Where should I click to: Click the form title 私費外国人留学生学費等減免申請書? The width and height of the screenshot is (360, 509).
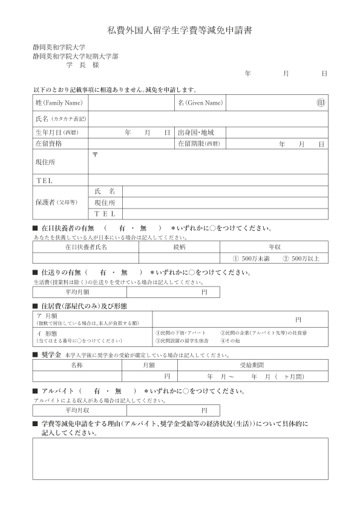[x=180, y=30]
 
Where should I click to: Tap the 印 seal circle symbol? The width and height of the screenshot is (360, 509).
[x=321, y=103]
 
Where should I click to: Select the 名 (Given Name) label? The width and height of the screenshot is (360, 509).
[x=200, y=103]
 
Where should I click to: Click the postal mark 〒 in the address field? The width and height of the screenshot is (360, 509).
[x=95, y=155]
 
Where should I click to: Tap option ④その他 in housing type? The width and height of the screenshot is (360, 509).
[x=231, y=340]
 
